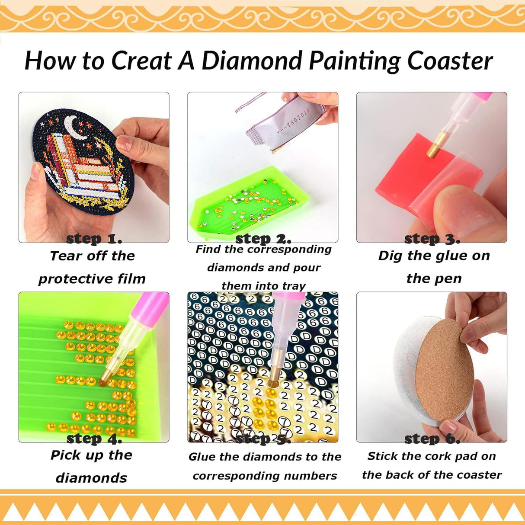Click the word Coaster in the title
(x=450, y=60)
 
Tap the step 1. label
(x=94, y=239)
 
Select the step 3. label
(x=432, y=239)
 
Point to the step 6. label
(x=432, y=439)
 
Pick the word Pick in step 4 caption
(x=64, y=455)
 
